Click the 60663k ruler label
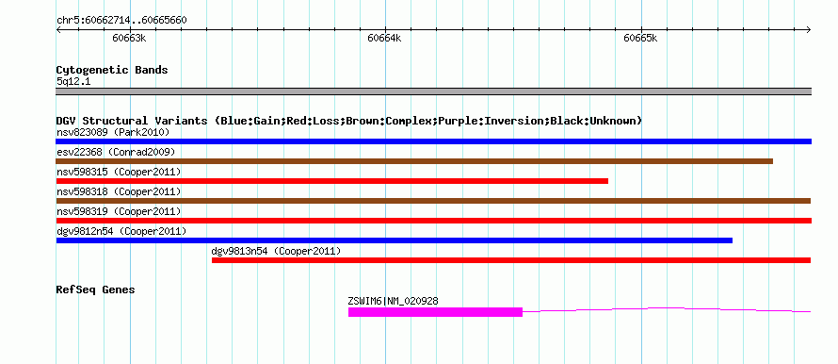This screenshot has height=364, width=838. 129,38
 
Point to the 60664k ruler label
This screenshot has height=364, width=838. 384,38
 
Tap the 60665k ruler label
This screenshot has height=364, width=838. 640,38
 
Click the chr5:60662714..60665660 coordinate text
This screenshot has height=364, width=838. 121,21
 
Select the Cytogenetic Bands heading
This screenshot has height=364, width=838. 112,70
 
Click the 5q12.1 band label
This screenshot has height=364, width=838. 73,82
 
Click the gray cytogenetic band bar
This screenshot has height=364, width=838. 433,91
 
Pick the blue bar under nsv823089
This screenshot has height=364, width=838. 433,141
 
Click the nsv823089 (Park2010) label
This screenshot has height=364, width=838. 113,132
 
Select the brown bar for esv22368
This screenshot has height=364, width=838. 414,161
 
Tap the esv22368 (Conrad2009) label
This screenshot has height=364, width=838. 116,152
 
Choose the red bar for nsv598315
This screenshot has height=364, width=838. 331,181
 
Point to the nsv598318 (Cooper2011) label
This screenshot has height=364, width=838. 118,191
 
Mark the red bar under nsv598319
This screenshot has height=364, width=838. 433,221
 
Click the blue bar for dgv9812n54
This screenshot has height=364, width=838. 394,240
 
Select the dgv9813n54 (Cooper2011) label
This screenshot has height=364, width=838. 276,251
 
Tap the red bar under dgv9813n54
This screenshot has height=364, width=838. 511,260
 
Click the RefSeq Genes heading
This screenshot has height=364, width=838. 95,290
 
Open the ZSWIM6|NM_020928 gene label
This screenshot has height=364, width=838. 393,302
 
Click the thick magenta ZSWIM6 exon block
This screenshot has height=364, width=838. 435,312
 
